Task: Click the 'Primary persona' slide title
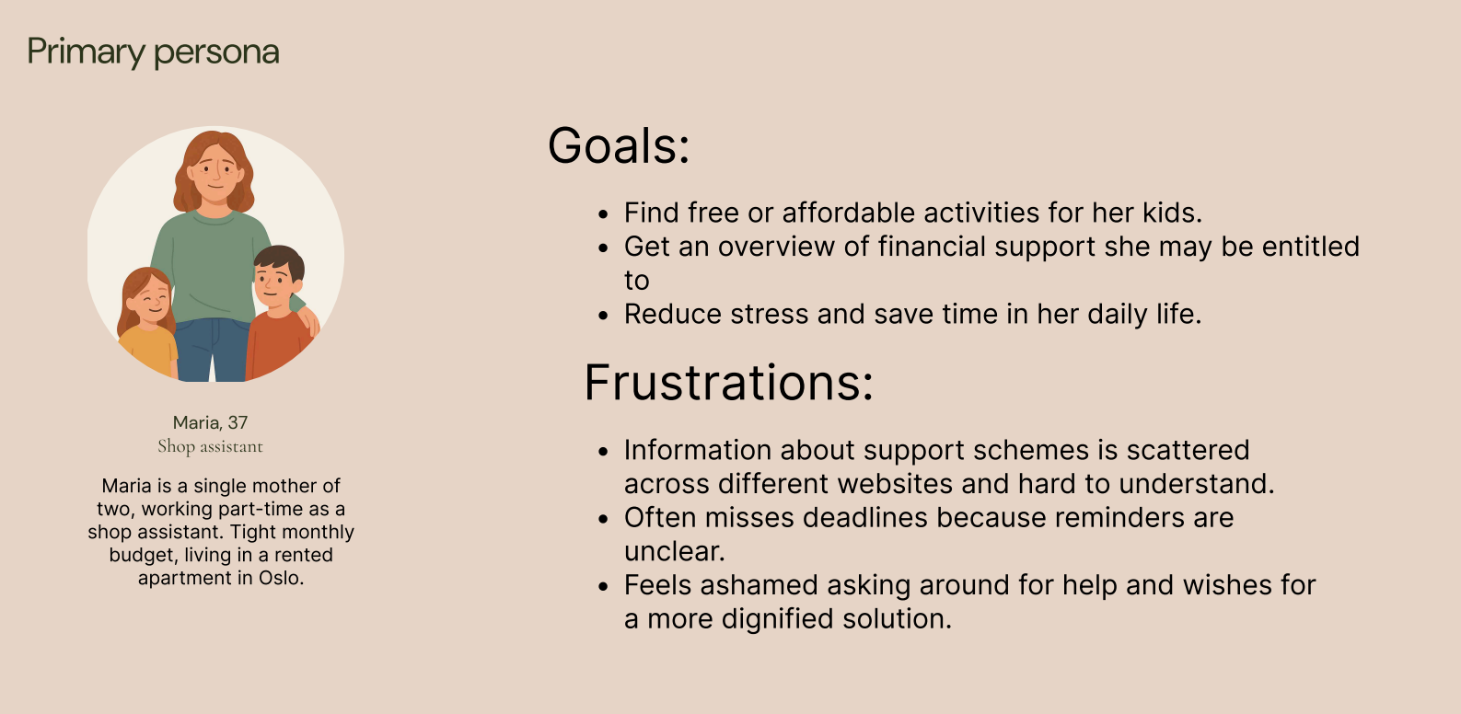point(153,52)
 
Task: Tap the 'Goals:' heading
point(619,145)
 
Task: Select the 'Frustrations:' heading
point(728,383)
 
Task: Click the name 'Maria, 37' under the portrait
point(210,422)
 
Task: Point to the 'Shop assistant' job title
point(210,446)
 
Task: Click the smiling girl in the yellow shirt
point(147,323)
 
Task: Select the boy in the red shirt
point(279,313)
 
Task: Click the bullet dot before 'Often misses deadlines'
point(603,520)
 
